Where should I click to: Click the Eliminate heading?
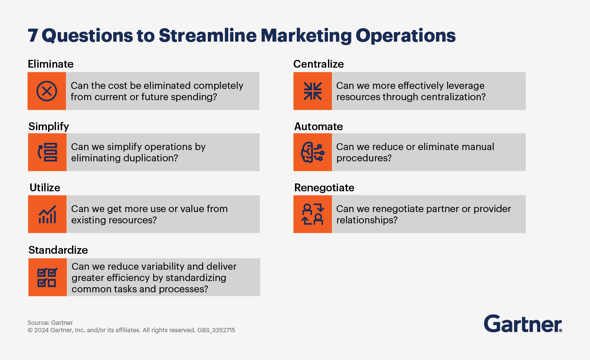(51, 64)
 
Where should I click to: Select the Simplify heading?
(49, 127)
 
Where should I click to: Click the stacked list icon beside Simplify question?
(48, 152)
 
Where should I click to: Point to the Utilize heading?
(45, 187)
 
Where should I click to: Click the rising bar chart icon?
(47, 214)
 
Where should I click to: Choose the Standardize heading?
(58, 250)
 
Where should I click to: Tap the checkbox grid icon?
(47, 277)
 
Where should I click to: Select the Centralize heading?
(318, 64)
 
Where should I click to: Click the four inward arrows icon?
(313, 91)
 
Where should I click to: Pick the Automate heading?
(318, 126)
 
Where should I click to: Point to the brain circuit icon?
(313, 152)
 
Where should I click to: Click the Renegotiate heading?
(324, 187)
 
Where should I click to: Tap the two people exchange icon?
(313, 214)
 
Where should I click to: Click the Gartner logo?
(523, 324)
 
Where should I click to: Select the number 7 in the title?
(33, 36)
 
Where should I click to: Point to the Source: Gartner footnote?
(50, 323)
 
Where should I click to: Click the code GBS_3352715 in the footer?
(216, 330)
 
